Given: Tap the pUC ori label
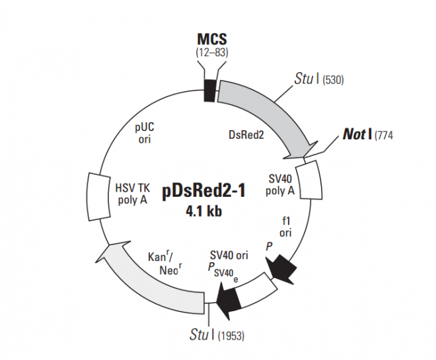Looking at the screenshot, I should tap(145, 132).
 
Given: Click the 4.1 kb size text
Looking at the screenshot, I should tap(204, 212).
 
